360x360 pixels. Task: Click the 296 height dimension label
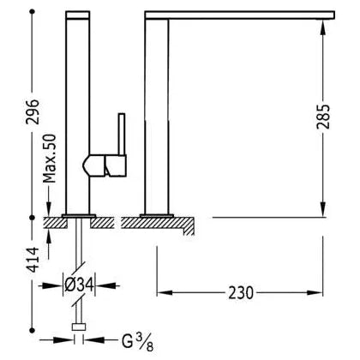(33, 111)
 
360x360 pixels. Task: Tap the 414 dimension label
(33, 260)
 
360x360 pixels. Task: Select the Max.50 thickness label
(50, 159)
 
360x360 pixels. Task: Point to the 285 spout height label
(323, 117)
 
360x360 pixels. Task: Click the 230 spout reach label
(241, 292)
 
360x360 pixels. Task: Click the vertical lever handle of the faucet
(122, 134)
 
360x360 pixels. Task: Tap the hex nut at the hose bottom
(79, 327)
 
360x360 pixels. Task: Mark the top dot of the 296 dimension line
(33, 12)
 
